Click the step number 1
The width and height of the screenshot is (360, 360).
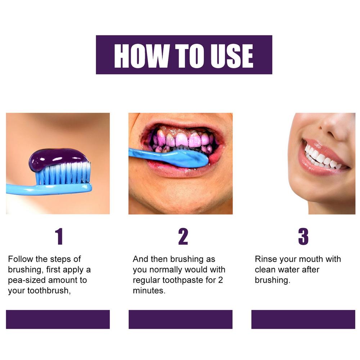59,237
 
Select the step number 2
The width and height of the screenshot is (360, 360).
183,237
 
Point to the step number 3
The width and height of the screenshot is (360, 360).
303,237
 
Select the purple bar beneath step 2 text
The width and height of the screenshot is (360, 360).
180,319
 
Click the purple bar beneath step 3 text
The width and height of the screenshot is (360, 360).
303,319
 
